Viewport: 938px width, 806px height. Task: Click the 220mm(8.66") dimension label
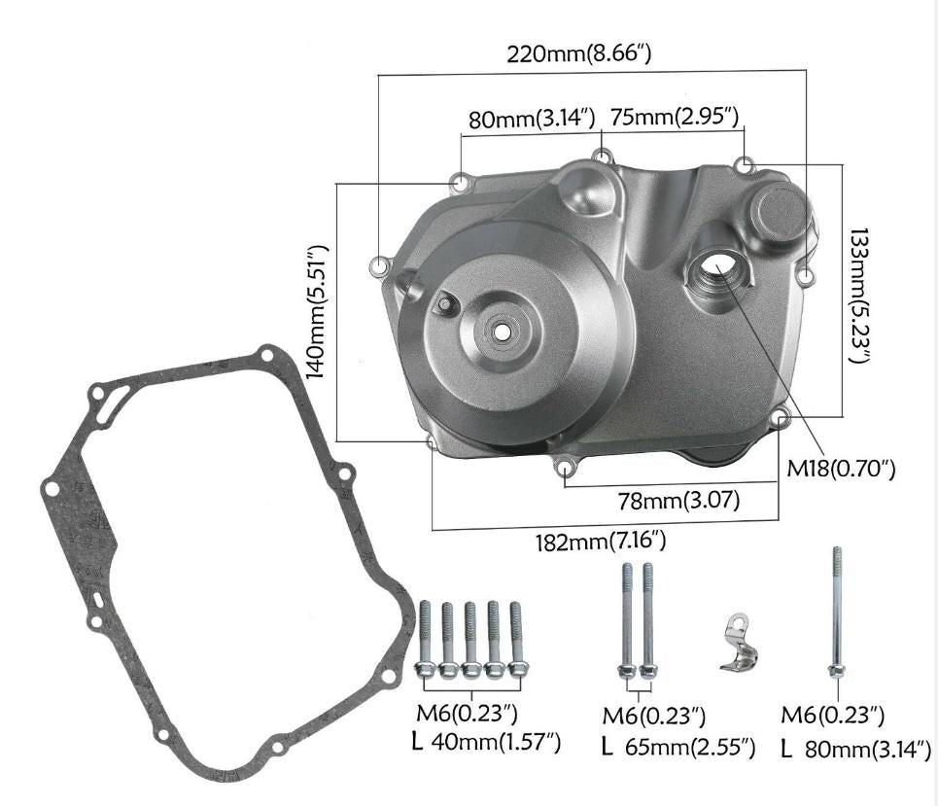tap(578, 54)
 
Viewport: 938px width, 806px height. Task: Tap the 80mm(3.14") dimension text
tap(531, 120)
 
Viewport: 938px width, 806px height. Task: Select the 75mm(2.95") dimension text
tap(676, 118)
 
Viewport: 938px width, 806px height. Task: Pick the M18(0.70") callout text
tap(841, 470)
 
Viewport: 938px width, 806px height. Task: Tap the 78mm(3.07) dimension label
tap(679, 501)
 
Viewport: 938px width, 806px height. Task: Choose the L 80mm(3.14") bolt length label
tap(856, 749)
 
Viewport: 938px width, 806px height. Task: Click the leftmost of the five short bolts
tap(425, 642)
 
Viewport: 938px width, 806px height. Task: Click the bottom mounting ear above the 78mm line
tap(565, 469)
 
